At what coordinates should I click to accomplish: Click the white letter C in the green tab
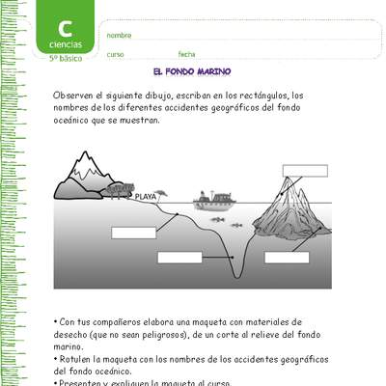coord(66,28)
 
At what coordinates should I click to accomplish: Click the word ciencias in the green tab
coord(66,45)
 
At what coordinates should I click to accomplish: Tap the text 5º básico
coord(67,59)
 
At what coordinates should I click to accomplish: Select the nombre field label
coord(119,35)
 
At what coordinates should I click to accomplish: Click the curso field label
coord(115,55)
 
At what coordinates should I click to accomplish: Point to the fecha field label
coord(186,55)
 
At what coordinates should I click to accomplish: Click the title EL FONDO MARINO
coord(192,72)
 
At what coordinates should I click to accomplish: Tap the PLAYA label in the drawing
coord(145,196)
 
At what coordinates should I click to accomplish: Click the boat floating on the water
coord(214,200)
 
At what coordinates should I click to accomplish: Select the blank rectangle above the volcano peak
coord(305,171)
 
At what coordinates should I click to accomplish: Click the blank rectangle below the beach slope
coord(133,232)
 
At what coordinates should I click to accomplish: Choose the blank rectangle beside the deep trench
coord(179,257)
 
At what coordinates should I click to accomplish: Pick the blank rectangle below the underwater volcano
coord(288,257)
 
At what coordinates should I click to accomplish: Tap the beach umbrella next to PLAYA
coord(154,189)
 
